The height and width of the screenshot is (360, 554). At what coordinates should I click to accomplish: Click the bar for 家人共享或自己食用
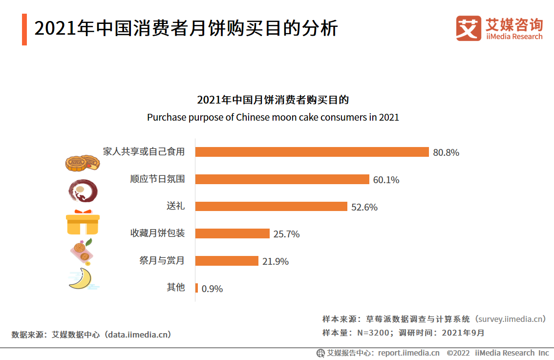point(312,152)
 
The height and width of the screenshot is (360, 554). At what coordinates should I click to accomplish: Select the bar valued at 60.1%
point(282,179)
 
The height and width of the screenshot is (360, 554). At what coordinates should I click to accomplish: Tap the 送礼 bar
point(271,207)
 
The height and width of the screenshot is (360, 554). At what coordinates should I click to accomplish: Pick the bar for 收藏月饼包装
point(232,233)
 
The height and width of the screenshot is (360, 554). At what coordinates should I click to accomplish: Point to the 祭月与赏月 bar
point(227,261)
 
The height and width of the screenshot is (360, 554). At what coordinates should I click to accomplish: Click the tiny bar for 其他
point(196,288)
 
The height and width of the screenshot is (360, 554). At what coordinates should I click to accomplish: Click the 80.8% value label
point(446,152)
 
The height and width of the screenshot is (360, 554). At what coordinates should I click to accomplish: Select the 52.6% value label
point(364,207)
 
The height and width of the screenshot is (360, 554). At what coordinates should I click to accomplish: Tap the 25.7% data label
point(286,234)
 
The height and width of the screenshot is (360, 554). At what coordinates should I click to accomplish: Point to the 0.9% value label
point(212,289)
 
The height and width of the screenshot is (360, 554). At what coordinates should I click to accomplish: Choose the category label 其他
point(176,287)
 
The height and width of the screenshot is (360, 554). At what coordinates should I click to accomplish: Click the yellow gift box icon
point(83,223)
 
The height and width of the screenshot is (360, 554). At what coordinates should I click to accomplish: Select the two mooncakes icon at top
point(83,163)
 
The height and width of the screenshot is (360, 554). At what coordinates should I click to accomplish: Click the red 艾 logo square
point(468,28)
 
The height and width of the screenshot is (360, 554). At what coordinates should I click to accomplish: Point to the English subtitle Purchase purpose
point(273,118)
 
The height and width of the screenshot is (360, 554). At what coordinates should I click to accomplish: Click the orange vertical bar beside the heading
point(24,29)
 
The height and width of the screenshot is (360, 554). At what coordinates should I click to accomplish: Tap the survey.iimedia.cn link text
point(511,319)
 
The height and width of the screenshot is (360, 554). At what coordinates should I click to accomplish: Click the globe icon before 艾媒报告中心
point(320,353)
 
